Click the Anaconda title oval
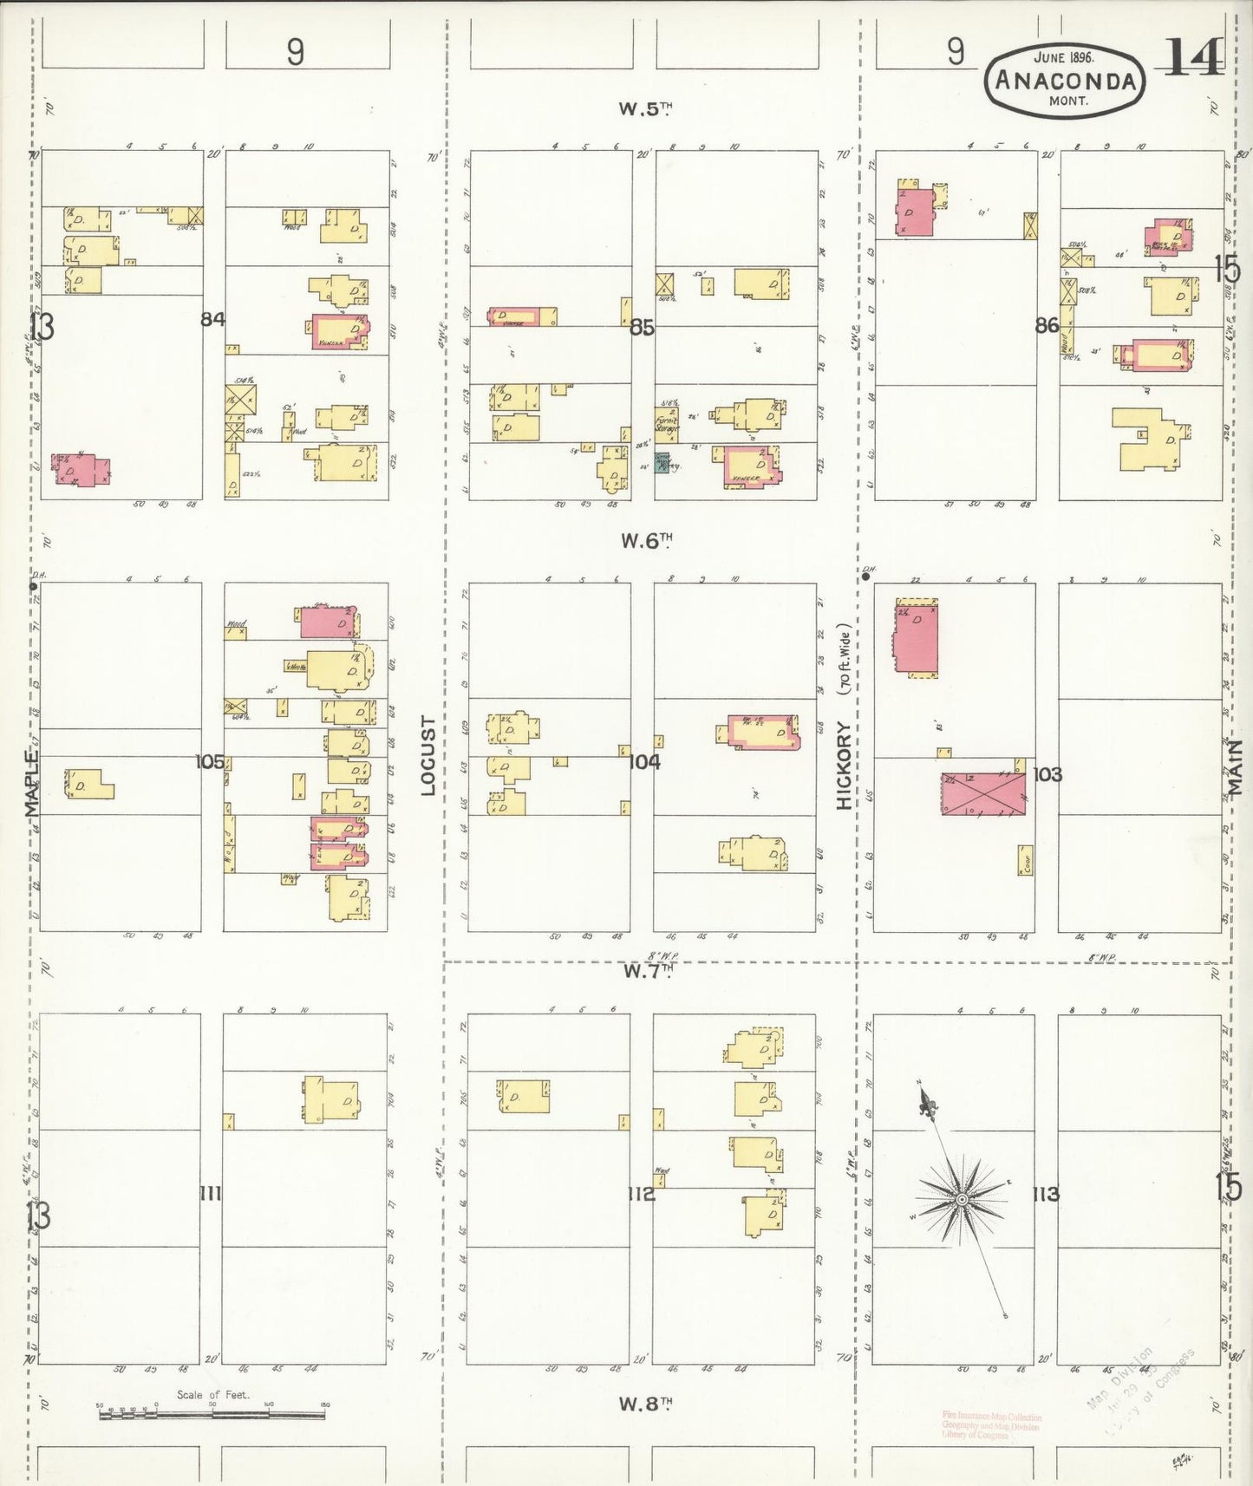click(1065, 81)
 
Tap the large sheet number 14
click(1193, 58)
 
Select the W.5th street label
click(645, 108)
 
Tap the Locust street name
click(427, 756)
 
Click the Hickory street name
click(844, 766)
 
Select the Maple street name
click(31, 784)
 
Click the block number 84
click(212, 319)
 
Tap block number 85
click(642, 327)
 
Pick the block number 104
click(644, 761)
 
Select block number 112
click(642, 1194)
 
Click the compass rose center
click(961, 1199)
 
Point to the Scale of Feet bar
click(212, 1414)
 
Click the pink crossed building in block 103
click(983, 793)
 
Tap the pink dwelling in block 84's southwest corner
click(82, 470)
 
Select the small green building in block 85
click(662, 463)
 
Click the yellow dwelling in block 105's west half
click(90, 785)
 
